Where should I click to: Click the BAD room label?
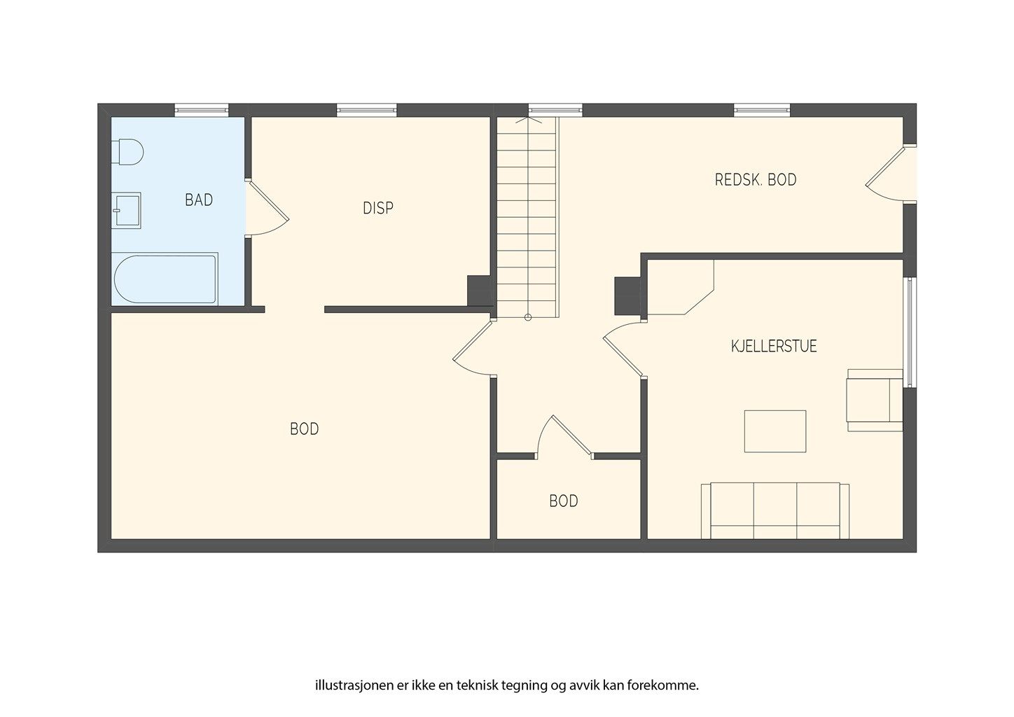[199, 200]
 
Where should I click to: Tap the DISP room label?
[378, 208]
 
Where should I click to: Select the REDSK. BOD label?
[756, 180]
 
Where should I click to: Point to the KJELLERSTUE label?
[774, 347]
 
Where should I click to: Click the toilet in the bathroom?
[127, 152]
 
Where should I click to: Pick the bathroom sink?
[126, 211]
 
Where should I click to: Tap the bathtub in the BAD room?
[165, 279]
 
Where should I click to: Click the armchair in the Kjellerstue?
[875, 400]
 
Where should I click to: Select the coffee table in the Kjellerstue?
[775, 431]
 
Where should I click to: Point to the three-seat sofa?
[775, 511]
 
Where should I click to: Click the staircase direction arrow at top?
[528, 120]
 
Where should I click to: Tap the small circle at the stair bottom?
[528, 317]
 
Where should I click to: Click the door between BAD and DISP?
[267, 208]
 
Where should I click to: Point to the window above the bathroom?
[202, 109]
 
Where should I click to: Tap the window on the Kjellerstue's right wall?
[910, 333]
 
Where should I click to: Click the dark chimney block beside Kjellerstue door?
[628, 296]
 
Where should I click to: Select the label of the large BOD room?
[304, 429]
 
